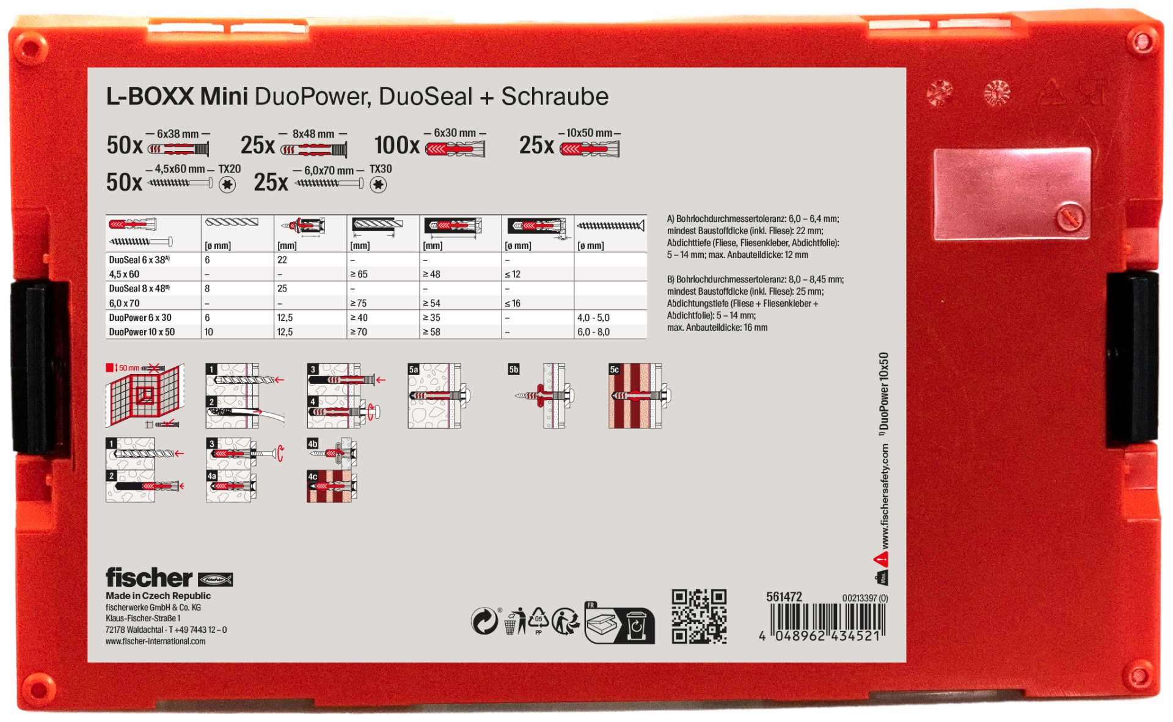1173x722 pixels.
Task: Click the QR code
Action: [x=699, y=616]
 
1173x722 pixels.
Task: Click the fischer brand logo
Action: [x=169, y=578]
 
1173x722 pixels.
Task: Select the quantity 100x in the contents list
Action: [x=397, y=146]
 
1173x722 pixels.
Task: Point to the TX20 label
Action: [x=230, y=169]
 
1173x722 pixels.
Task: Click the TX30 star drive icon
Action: [x=379, y=185]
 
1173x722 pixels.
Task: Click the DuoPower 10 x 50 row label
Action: [x=142, y=332]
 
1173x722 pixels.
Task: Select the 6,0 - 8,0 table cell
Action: [x=593, y=332]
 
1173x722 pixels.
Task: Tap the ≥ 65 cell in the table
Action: [x=359, y=274]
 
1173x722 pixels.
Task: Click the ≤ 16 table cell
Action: [x=513, y=303]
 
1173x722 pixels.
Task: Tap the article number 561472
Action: [x=784, y=597]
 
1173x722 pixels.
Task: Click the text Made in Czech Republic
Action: [x=158, y=595]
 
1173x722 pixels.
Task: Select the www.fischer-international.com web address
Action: [x=155, y=641]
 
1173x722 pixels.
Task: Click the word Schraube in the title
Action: [x=555, y=97]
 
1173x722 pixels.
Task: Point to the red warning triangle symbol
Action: [x=881, y=558]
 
